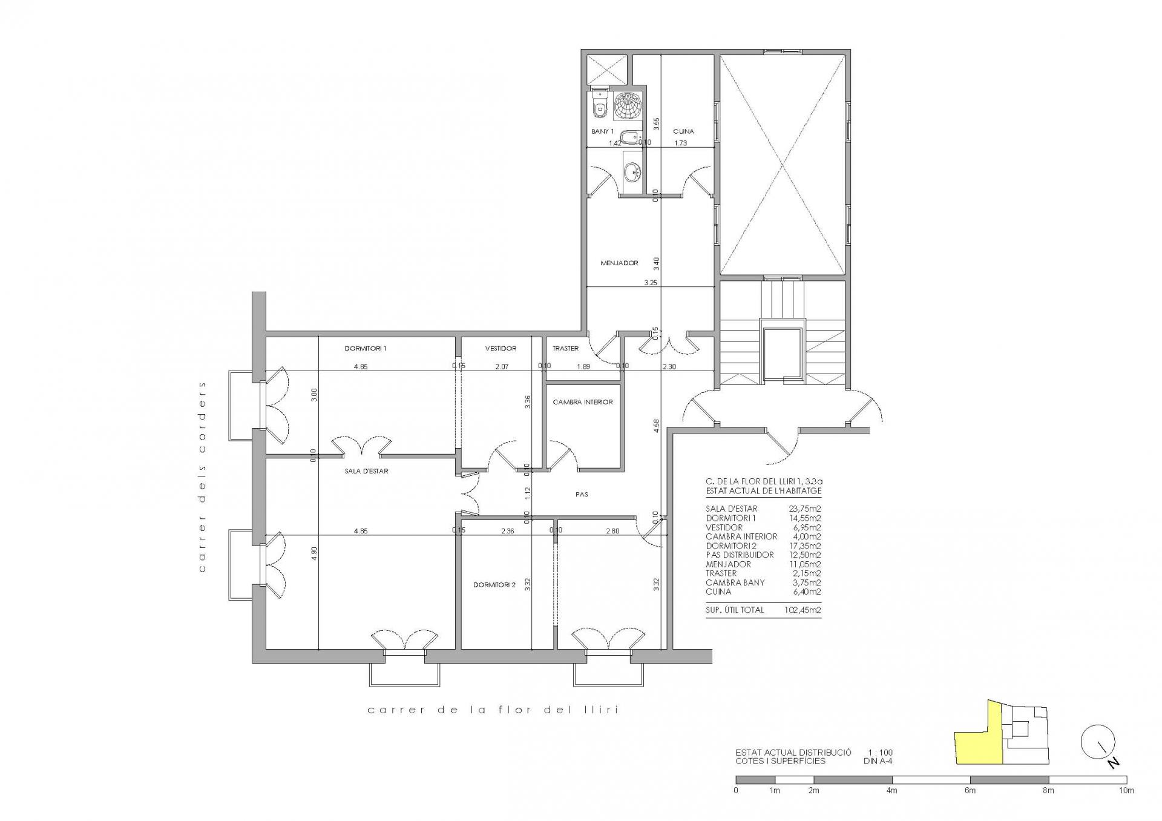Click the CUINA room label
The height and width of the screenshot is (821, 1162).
[683, 131]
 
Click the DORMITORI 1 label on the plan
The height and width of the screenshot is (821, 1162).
[365, 349]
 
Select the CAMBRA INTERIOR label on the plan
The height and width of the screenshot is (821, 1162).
[583, 402]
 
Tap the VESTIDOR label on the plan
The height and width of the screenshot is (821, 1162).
[501, 349]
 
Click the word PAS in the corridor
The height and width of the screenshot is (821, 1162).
[582, 495]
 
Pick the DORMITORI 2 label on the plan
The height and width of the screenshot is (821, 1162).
[494, 585]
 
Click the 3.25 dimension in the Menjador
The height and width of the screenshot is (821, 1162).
[651, 283]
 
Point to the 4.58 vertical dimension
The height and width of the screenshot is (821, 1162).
[657, 427]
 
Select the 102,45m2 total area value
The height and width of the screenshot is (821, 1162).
[803, 610]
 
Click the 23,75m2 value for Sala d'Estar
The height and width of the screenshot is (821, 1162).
[806, 509]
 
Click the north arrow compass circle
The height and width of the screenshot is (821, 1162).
[1098, 742]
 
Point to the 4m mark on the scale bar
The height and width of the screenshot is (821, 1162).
[891, 791]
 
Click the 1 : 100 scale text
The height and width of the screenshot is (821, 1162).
[880, 753]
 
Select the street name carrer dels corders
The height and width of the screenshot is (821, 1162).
[202, 476]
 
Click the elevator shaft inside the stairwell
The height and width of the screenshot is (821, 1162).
[784, 354]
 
